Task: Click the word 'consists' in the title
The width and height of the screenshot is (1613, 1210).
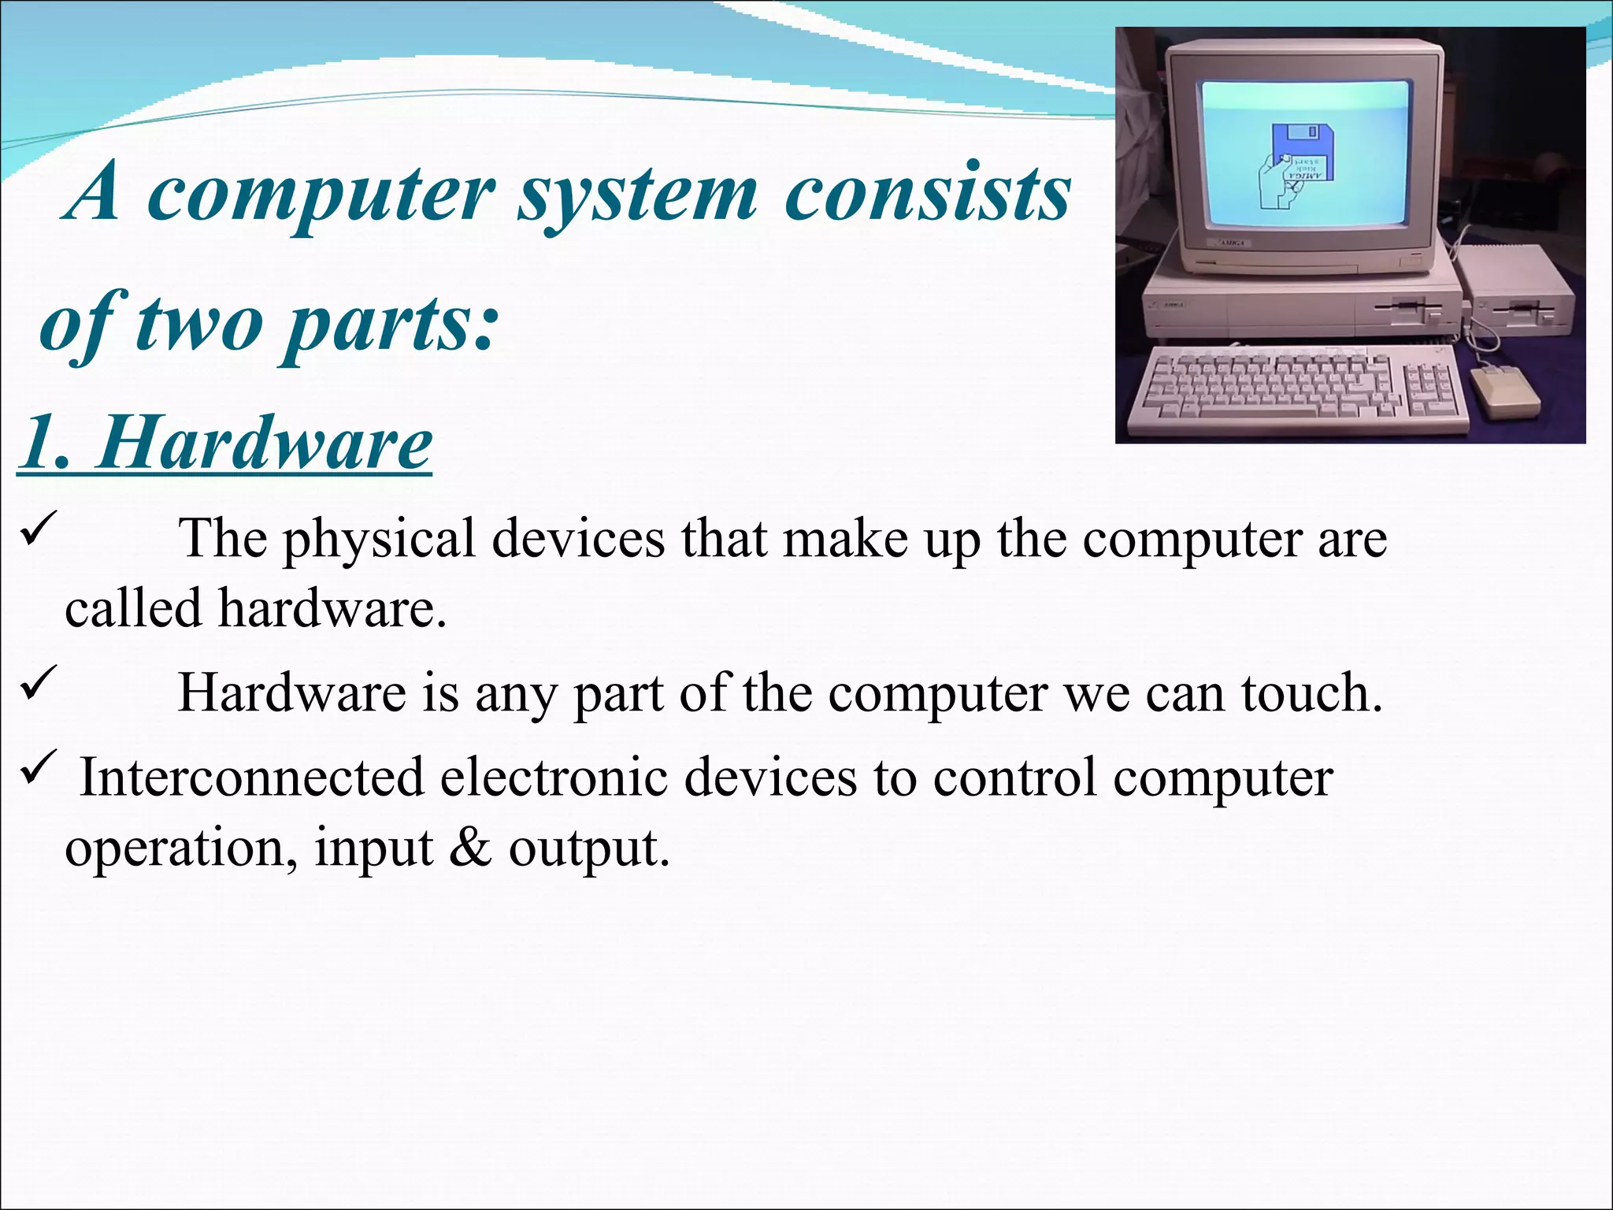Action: tap(928, 195)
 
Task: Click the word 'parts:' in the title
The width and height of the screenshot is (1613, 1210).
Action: tap(391, 325)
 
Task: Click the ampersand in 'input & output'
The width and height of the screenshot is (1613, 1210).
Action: tap(470, 848)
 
